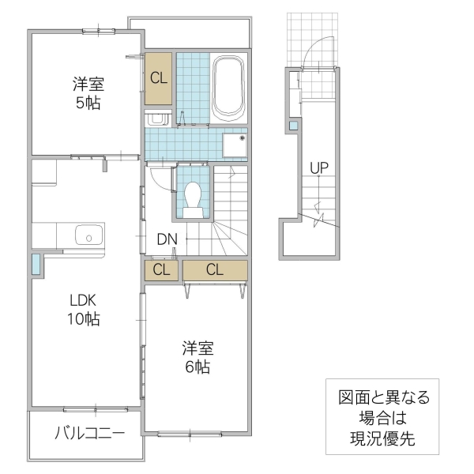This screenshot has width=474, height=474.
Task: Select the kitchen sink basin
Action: tap(88, 236)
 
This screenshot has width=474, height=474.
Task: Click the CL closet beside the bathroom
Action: tap(159, 77)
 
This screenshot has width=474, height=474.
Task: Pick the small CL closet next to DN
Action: tap(161, 269)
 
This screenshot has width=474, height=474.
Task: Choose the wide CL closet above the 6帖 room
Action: tap(215, 269)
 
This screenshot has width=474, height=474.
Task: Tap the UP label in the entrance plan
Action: tap(319, 167)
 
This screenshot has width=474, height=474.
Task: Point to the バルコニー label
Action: tap(89, 433)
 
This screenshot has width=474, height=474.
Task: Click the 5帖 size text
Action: tap(88, 103)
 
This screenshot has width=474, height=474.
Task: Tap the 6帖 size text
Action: tap(197, 367)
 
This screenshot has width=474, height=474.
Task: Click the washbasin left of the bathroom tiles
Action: tap(156, 119)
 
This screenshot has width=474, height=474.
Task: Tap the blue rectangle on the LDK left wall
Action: tap(36, 265)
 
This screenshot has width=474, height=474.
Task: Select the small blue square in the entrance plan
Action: tap(294, 126)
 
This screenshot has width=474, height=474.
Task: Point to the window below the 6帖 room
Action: tap(190, 433)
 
